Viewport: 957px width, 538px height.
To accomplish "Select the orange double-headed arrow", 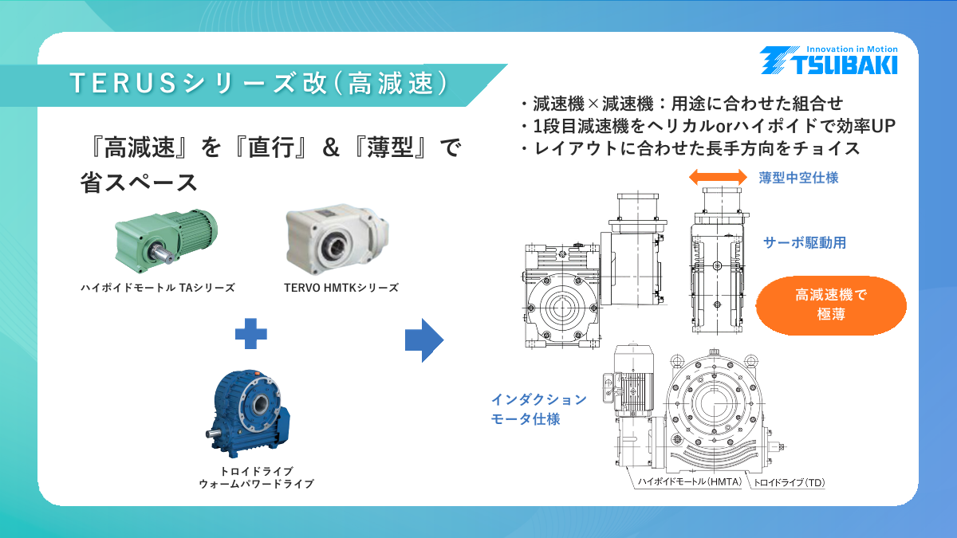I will (718, 177).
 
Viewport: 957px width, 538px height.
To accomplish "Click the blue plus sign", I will (250, 332).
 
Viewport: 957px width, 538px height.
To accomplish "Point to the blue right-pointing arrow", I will (423, 340).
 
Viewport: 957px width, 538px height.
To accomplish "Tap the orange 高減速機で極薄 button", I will (830, 304).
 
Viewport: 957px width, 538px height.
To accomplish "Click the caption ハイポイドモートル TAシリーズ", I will (158, 288).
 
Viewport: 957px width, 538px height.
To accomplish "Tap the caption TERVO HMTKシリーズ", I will (341, 288).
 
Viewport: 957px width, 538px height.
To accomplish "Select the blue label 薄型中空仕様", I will (798, 178).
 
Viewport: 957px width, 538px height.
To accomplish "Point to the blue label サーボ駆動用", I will (804, 243).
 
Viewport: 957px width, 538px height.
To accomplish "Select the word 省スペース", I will (140, 183).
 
